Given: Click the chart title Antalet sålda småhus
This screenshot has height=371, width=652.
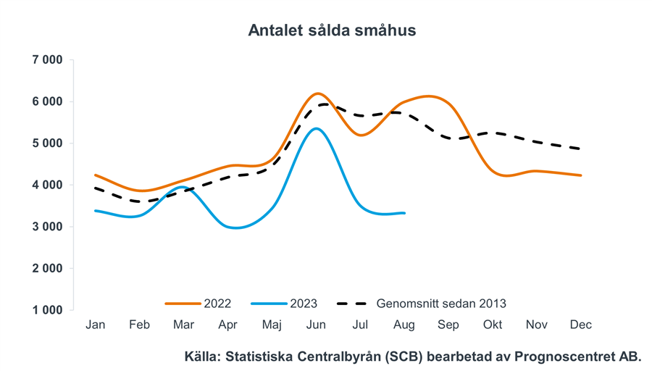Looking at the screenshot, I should tap(332, 30).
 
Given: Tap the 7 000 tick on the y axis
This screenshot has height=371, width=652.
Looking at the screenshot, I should tap(48, 60).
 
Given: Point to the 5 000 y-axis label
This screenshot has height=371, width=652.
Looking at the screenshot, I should tap(48, 143).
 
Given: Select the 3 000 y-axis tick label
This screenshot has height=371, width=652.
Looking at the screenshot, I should tap(48, 227).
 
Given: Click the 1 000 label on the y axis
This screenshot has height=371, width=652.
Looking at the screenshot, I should tap(48, 310).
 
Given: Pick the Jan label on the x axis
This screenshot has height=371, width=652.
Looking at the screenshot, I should tap(95, 325).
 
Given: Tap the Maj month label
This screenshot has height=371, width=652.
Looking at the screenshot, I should tap(272, 325).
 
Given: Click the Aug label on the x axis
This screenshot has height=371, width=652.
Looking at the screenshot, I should tap(404, 325).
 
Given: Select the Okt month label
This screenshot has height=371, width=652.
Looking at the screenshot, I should tap(493, 325).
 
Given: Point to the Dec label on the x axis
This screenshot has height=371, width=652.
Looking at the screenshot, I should tap(580, 325).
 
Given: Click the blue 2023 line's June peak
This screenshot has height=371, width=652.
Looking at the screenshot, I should tap(316, 129).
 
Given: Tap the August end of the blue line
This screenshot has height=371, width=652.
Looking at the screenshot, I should tap(404, 213).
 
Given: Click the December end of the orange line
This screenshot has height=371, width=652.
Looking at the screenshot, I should tap(581, 175).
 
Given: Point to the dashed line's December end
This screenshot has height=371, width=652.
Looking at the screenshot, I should tap(581, 149).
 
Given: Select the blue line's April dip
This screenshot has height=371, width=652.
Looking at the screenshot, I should tap(235, 228).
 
